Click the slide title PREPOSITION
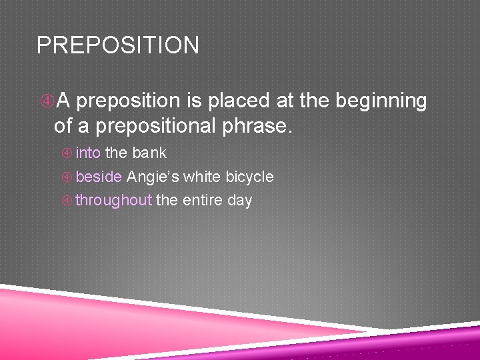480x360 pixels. [x=117, y=45]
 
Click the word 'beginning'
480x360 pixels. [x=381, y=101]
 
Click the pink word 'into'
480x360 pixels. [x=88, y=153]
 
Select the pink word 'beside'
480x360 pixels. [x=99, y=177]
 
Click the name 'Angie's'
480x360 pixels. [x=153, y=177]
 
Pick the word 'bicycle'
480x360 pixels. [x=249, y=177]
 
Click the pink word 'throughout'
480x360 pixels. [x=113, y=200]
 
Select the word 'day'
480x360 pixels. [x=239, y=201]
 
